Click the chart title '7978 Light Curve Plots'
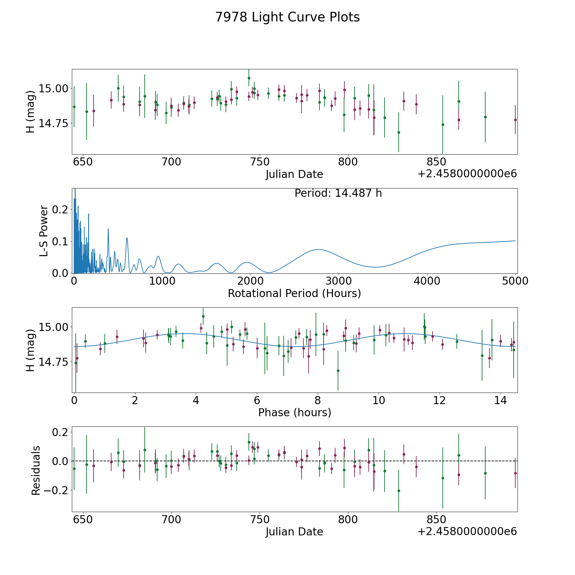tap(287, 17)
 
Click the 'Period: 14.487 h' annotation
tap(338, 193)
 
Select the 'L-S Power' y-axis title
tap(44, 231)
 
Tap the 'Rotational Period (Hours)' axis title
tap(294, 293)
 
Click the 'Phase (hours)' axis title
tap(295, 412)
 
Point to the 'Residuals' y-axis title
tap(36, 470)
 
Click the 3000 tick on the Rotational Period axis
tap(339, 281)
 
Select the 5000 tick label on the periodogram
tap(515, 281)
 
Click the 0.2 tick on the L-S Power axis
tap(60, 210)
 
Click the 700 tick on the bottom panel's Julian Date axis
tap(171, 519)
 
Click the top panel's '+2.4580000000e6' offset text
tap(467, 174)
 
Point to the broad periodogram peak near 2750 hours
tap(318, 249)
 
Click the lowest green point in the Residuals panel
tap(399, 491)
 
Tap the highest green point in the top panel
tap(249, 78)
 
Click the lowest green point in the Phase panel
tap(338, 371)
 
